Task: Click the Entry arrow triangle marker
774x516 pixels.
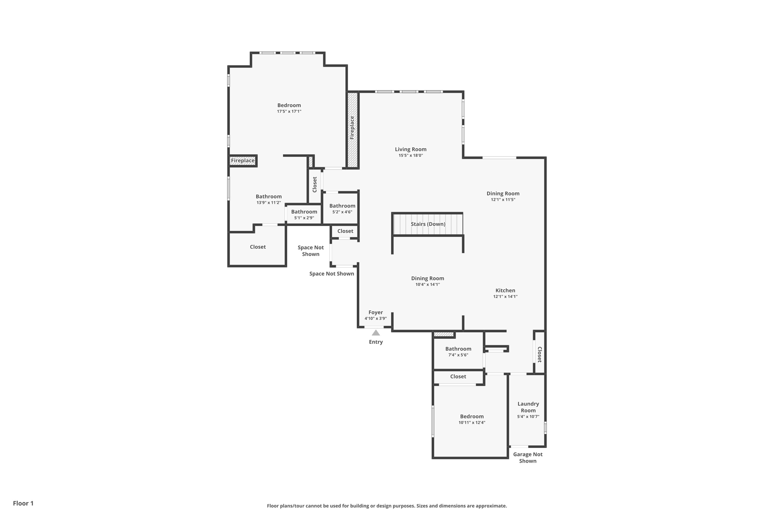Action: click(x=376, y=333)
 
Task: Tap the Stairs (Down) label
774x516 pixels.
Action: click(x=428, y=224)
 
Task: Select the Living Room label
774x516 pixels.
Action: click(x=410, y=149)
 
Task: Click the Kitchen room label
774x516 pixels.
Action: click(x=505, y=291)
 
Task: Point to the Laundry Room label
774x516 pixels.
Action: click(x=528, y=407)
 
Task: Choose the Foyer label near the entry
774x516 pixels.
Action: click(x=376, y=313)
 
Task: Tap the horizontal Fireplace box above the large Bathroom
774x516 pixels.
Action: click(x=243, y=161)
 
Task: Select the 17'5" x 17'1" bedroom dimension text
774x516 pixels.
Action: click(x=289, y=112)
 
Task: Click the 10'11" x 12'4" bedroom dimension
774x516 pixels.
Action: click(x=472, y=423)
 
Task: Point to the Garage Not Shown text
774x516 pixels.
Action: click(x=528, y=457)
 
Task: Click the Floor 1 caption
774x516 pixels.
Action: click(x=23, y=503)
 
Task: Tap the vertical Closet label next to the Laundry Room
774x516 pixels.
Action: click(x=540, y=355)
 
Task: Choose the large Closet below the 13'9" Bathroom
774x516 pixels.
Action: click(x=258, y=247)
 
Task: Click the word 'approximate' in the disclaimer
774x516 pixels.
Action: click(x=491, y=506)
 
